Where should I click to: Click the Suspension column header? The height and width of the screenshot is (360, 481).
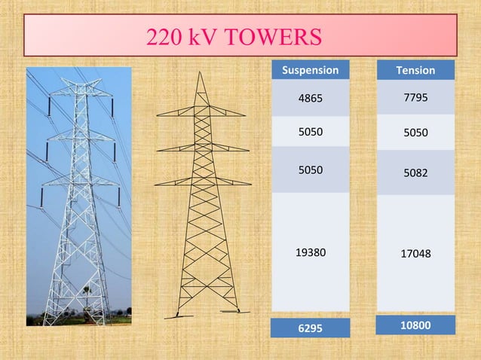click(x=310, y=70)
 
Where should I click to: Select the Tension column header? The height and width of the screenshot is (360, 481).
click(x=415, y=70)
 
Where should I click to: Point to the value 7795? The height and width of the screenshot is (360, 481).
click(x=415, y=97)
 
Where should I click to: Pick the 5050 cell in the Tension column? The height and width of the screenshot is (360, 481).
click(x=415, y=133)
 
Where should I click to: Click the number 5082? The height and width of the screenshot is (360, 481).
click(x=415, y=173)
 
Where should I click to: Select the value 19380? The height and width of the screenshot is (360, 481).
click(x=311, y=252)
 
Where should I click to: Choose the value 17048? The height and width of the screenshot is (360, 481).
click(x=415, y=254)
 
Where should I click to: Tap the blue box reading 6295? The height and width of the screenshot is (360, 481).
click(x=310, y=328)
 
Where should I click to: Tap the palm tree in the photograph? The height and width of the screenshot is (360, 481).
click(x=87, y=289)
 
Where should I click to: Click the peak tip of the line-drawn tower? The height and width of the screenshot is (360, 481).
click(x=200, y=72)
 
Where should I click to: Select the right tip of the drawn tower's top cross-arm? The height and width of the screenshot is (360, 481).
click(x=245, y=115)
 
